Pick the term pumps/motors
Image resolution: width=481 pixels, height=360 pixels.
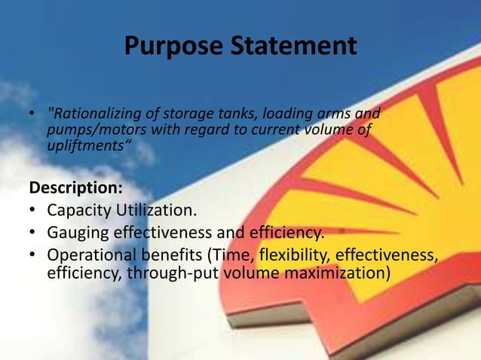click(85, 130)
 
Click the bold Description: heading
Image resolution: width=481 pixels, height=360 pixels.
click(69, 185)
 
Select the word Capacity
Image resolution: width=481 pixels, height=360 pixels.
click(78, 209)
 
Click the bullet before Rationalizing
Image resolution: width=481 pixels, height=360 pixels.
click(32, 116)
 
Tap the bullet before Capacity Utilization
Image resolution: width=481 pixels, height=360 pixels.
click(32, 209)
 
